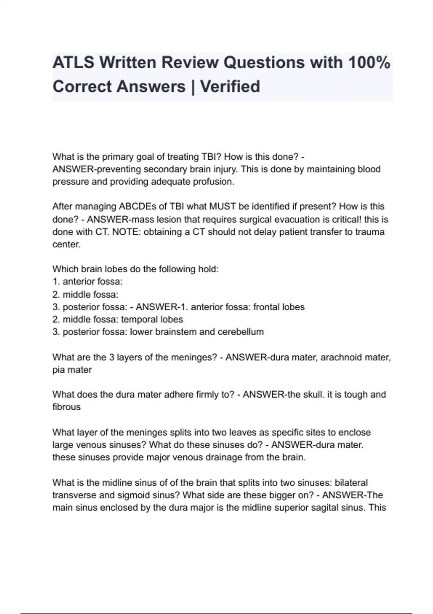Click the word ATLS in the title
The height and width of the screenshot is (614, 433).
(73, 62)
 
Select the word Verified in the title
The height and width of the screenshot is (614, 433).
(230, 87)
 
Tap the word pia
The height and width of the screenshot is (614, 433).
(58, 370)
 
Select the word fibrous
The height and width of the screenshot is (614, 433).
(66, 407)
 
